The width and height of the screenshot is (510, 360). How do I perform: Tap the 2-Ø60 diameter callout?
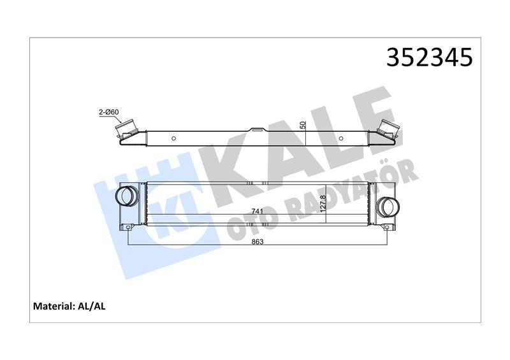coord(108,113)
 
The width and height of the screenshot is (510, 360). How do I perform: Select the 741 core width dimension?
coord(256,212)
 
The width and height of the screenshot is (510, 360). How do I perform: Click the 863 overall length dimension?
coord(258,241)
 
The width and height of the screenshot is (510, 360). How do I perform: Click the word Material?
coord(52,306)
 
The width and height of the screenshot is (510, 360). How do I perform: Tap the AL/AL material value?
coord(91,306)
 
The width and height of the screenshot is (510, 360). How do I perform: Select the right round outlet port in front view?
coord(387,206)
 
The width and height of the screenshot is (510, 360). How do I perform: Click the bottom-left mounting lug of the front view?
coord(127,227)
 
